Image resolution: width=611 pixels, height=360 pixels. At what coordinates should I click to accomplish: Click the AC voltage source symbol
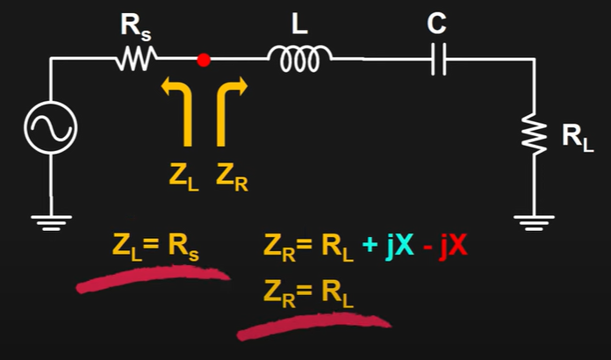[50, 128]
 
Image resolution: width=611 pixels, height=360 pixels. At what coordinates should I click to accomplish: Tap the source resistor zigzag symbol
[136, 60]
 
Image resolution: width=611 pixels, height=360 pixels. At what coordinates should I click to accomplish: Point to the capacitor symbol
[438, 60]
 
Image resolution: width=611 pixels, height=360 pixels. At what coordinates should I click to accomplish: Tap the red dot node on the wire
[204, 60]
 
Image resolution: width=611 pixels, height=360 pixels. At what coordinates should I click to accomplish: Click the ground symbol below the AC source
[50, 223]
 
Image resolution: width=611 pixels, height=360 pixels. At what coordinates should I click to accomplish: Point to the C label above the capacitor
[436, 25]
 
